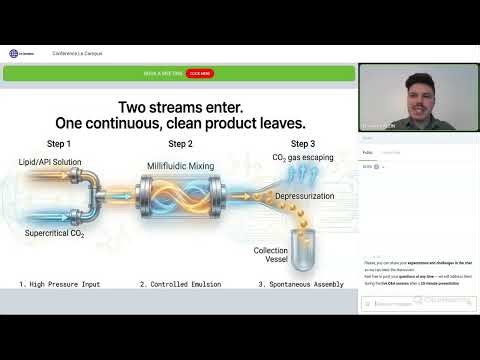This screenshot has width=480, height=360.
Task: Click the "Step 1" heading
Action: [56, 143]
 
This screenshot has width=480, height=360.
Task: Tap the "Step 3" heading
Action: [291, 143]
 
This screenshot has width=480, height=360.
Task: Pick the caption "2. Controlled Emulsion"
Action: [183, 284]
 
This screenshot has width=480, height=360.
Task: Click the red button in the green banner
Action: [199, 73]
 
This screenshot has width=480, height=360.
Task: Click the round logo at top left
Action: [14, 54]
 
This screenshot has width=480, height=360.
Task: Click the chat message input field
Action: [410, 303]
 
